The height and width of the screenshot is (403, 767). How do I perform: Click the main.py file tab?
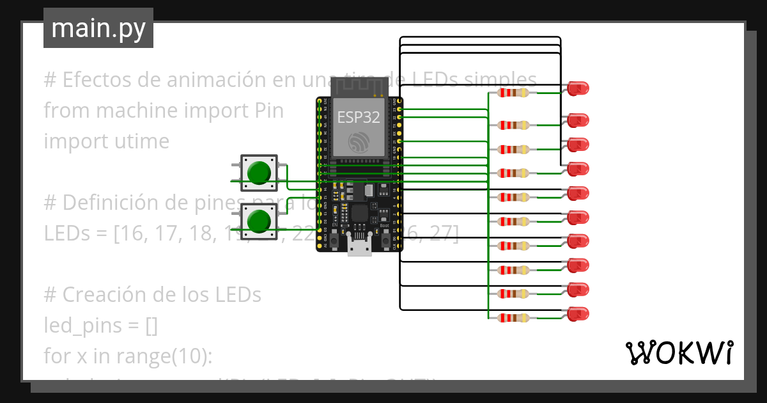98,28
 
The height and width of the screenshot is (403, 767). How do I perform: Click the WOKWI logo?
678,352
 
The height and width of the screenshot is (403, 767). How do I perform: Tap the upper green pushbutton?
258,173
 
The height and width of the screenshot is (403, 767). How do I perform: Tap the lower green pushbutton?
258,221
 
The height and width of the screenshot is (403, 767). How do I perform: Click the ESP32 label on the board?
359,117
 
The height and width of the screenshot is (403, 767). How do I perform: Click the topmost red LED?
578,88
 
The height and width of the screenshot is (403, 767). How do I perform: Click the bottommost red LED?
578,313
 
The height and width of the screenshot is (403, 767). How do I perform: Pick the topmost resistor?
514,93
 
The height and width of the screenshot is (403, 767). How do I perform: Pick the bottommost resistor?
514,318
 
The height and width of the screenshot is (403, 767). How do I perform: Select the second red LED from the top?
578,120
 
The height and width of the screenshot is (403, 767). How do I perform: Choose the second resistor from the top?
514,125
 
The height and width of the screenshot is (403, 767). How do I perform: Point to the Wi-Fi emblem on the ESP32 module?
359,141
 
